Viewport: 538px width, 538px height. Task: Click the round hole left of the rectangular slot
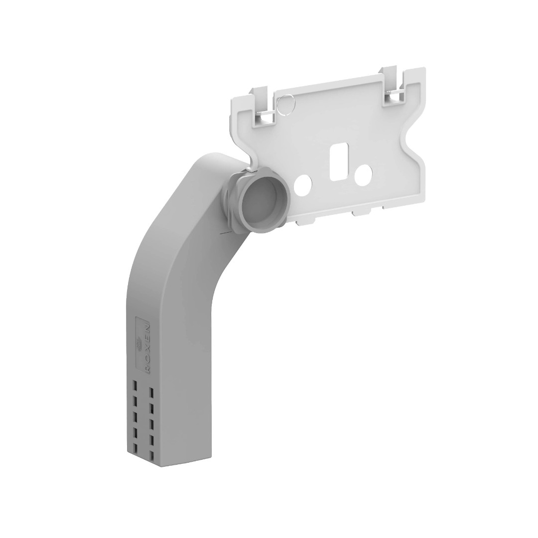302,182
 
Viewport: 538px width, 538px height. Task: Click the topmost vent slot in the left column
135,385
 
